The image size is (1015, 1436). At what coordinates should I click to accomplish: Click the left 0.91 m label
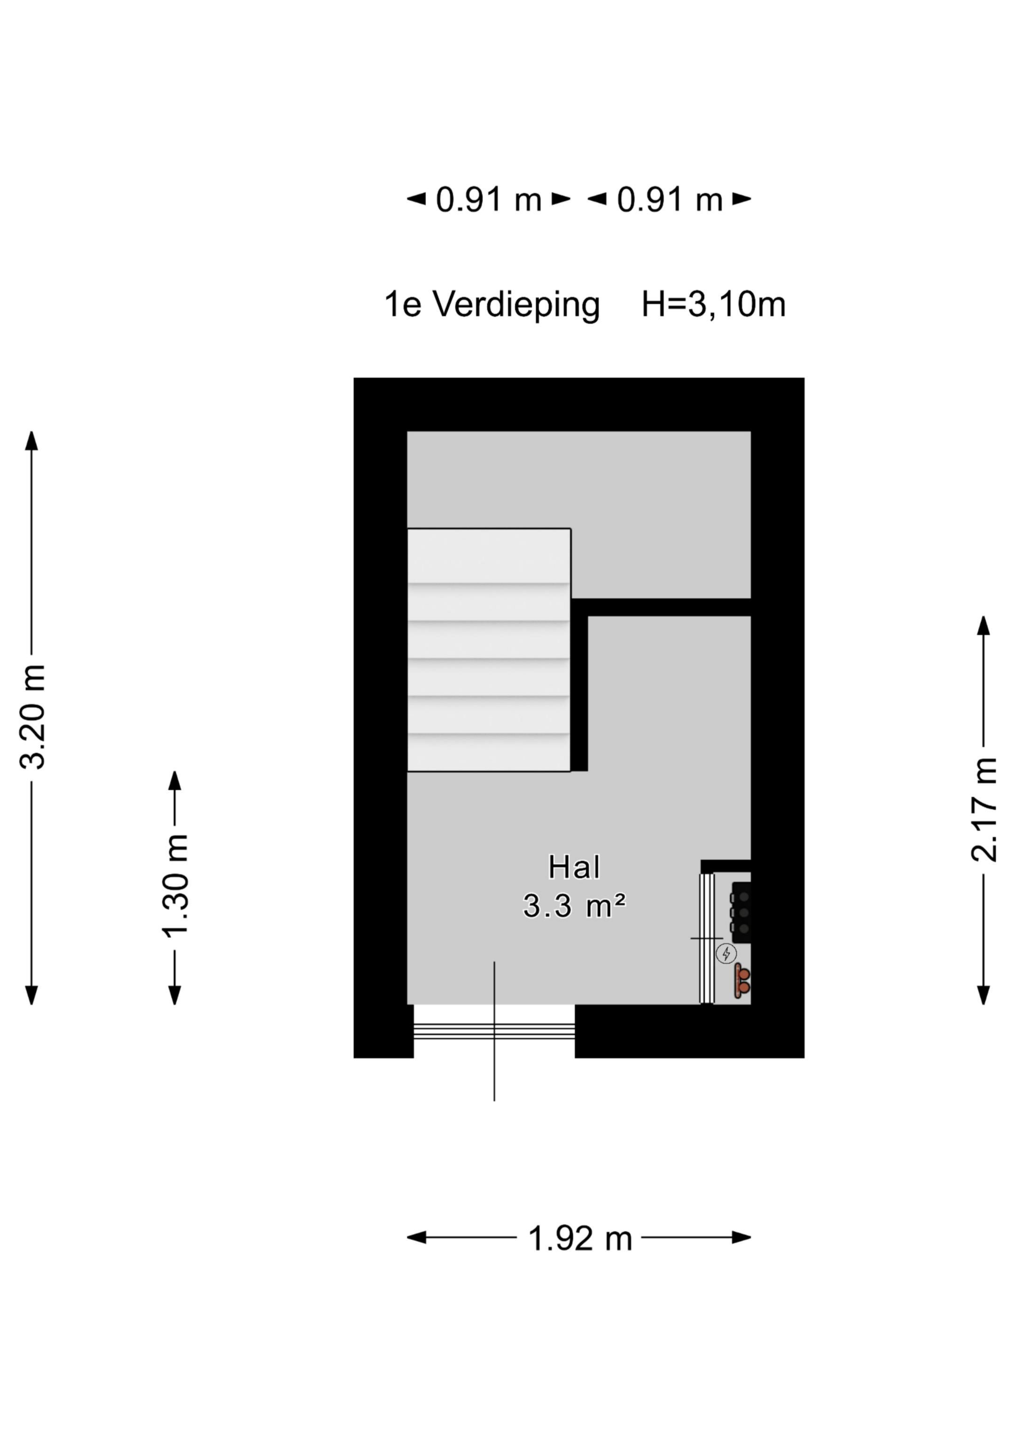488,200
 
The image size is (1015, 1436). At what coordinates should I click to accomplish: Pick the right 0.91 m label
670,200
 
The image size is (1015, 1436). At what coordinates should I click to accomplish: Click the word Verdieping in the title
516,305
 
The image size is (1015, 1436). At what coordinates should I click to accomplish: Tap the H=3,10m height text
713,305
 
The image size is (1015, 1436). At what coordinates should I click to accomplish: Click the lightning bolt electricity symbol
726,953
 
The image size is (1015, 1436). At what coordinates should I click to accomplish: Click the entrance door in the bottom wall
494,1031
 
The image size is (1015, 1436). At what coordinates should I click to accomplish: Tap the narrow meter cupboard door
706,938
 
